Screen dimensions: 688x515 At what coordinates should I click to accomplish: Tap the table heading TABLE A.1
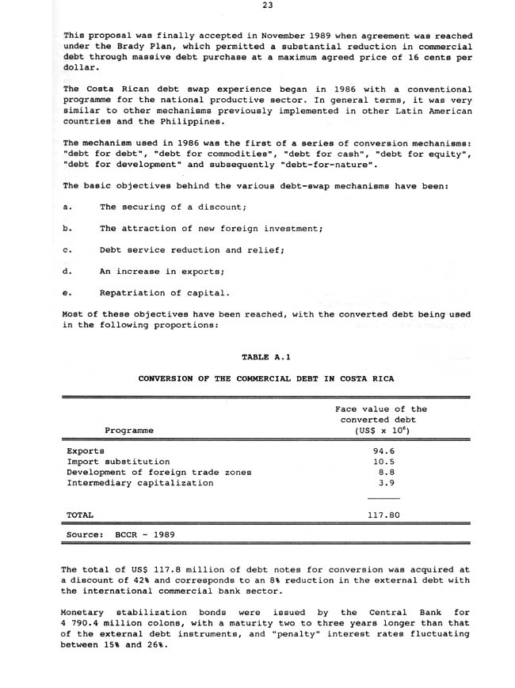click(x=265, y=357)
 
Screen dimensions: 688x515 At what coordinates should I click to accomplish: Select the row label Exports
click(x=86, y=450)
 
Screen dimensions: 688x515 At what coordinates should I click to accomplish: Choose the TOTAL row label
click(x=80, y=515)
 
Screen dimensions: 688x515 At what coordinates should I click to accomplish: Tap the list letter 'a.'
click(x=67, y=207)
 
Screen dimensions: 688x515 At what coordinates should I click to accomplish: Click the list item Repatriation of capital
click(x=165, y=293)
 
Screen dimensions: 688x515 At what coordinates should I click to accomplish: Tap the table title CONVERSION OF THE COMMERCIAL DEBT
click(x=265, y=378)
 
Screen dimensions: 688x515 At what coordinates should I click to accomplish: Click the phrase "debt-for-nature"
click(x=340, y=165)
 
